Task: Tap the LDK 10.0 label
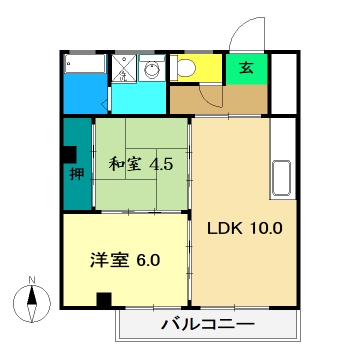[245, 227]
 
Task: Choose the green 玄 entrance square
[245, 69]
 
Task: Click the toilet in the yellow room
[185, 68]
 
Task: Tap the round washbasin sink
[151, 69]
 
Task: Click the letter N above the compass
[31, 279]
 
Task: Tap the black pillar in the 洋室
[103, 299]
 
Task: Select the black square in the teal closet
[68, 155]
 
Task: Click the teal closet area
[76, 190]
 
